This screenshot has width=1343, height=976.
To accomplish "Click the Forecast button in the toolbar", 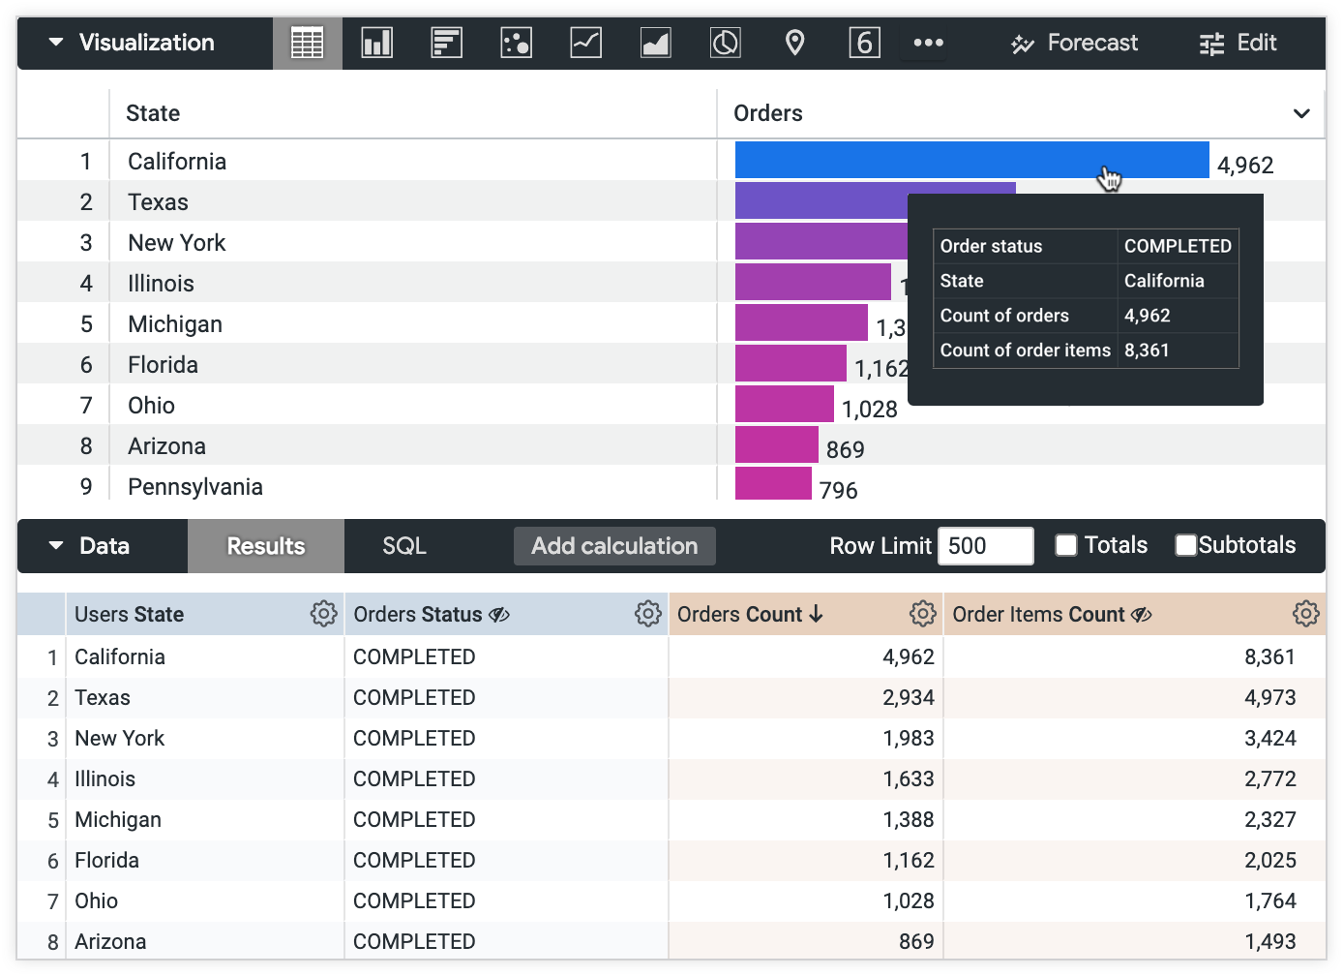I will (x=1075, y=43).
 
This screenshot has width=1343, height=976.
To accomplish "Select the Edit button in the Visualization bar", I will (x=1239, y=43).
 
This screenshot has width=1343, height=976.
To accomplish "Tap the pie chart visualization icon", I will (x=725, y=43).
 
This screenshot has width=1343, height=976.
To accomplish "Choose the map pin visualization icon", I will (x=794, y=43).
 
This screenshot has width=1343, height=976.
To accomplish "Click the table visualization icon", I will (x=307, y=43).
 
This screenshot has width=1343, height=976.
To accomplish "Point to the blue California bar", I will (x=971, y=161).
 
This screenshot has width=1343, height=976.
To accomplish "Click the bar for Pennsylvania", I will (x=773, y=483).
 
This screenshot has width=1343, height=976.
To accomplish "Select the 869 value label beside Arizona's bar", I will (x=845, y=449).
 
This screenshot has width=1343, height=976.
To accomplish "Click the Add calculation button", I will (x=614, y=546).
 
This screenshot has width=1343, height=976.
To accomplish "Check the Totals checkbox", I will (x=1066, y=545).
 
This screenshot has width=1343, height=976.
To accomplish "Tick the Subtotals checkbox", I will (x=1186, y=545).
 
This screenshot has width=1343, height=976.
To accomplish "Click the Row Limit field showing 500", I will (x=985, y=546).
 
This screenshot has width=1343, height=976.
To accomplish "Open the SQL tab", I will (x=404, y=546).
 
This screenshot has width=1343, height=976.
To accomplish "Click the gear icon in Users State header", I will (x=323, y=614).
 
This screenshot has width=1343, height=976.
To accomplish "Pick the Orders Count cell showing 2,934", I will (x=908, y=697).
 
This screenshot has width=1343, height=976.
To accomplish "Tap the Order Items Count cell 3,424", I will (x=1269, y=738).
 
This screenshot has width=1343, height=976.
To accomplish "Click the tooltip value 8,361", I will (x=1147, y=351).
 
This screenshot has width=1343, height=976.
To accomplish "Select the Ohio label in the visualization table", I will (x=151, y=406).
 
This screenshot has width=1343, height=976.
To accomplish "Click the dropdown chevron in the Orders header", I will (x=1302, y=113).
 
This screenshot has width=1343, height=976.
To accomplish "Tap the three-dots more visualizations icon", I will (x=928, y=43).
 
